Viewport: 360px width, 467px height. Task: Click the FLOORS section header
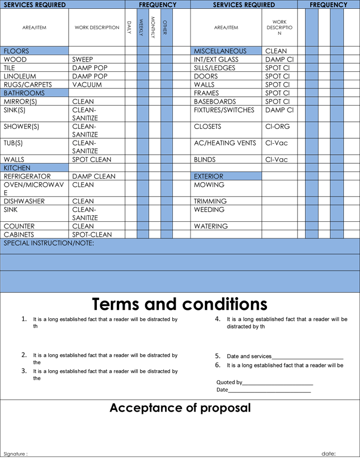[x=17, y=51]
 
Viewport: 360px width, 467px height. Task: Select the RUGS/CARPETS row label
[x=28, y=85]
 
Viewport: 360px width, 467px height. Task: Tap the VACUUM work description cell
[x=87, y=85]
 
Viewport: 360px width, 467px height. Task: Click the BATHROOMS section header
[x=24, y=93]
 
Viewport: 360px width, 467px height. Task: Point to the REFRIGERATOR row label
[x=27, y=177]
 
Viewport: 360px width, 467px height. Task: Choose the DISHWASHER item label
[x=24, y=201]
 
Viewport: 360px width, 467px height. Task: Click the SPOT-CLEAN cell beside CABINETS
[x=92, y=235]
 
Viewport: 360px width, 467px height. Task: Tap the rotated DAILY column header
[x=130, y=27]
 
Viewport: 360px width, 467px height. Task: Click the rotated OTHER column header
[x=165, y=27]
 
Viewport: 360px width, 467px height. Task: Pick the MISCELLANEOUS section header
[x=220, y=51]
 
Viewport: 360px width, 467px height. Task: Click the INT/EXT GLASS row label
[x=216, y=59]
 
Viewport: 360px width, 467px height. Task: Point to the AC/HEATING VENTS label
[x=225, y=143]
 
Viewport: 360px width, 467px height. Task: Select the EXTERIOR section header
[x=209, y=177]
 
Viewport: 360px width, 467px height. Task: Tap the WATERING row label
[x=210, y=226]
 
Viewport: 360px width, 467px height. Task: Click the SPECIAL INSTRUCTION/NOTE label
[x=49, y=243]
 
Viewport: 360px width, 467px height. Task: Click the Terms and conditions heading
[x=179, y=304]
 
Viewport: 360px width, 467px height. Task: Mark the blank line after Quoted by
[x=277, y=382]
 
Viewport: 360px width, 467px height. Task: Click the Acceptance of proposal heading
[x=180, y=408]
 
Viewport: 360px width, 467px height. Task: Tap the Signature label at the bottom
[x=15, y=454]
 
